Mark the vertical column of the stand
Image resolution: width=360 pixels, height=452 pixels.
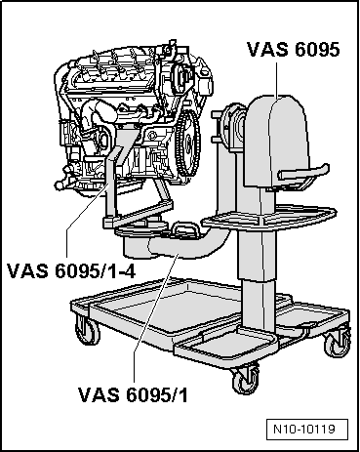pos(258,283)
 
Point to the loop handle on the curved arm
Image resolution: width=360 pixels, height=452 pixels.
pos(186,230)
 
